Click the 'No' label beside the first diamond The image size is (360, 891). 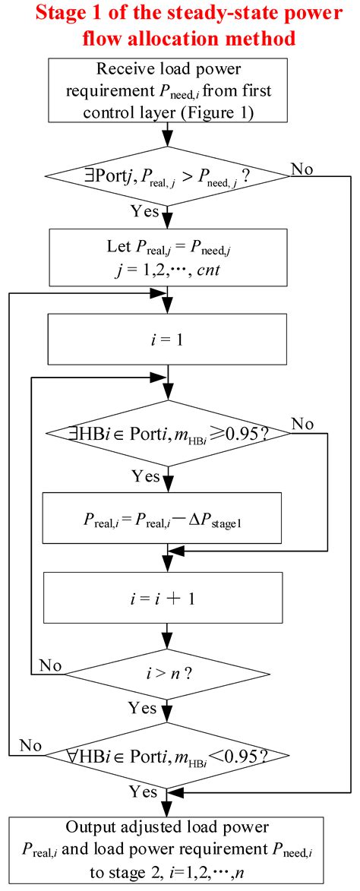(x=302, y=169)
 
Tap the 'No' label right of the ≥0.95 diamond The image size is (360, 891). (x=302, y=422)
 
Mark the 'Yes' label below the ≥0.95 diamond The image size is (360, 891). (x=145, y=477)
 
